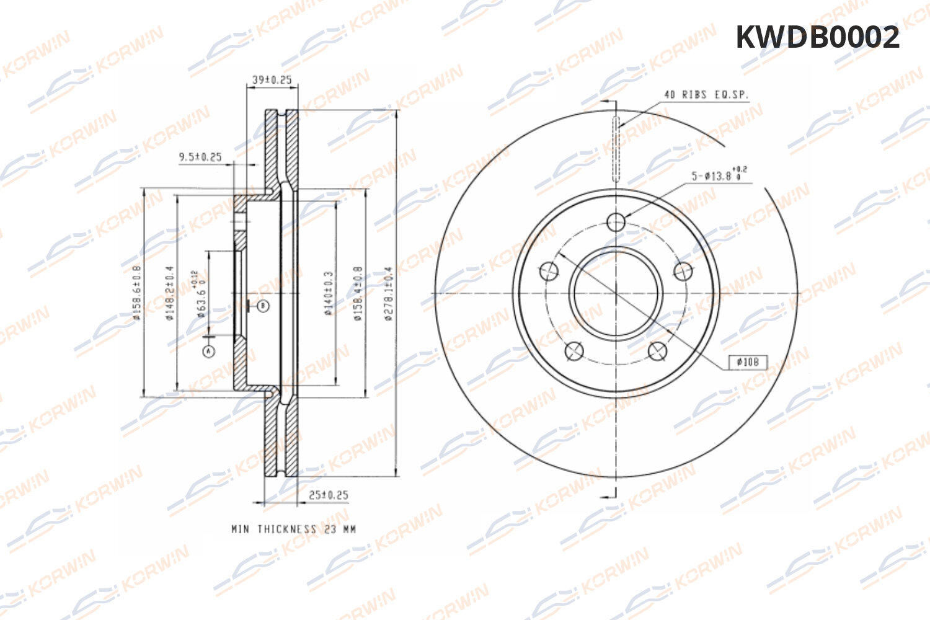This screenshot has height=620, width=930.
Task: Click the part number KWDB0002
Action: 817,38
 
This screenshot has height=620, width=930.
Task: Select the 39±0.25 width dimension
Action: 272,79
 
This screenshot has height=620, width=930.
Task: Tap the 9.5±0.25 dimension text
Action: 200,157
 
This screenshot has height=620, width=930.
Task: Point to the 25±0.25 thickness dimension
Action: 328,495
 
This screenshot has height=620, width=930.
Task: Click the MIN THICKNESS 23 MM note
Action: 293,529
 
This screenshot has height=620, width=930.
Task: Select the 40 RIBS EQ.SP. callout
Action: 706,95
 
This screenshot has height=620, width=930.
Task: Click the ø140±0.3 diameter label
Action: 329,293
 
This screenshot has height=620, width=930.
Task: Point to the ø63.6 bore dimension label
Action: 200,294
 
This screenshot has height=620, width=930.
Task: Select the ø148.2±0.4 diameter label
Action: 169,293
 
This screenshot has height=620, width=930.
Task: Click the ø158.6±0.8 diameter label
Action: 137,293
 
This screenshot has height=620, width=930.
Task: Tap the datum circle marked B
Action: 263,306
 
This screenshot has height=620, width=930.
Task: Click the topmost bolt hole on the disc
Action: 616,221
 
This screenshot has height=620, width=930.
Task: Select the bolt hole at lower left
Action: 574,351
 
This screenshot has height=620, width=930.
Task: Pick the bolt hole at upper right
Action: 683,270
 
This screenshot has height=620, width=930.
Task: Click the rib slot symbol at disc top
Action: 616,148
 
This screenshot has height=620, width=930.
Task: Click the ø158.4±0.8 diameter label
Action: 358,293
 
